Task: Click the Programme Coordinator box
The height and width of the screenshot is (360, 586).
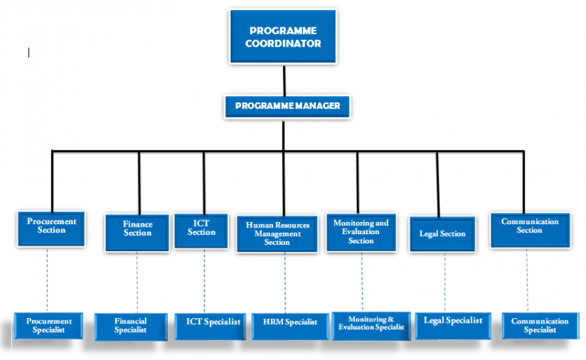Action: (x=283, y=37)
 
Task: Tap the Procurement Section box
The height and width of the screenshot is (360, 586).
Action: (x=52, y=227)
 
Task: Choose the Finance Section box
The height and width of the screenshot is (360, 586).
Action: (x=138, y=229)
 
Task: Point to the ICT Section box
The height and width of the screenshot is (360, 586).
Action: (x=201, y=227)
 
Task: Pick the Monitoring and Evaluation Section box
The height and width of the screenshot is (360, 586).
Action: (x=361, y=231)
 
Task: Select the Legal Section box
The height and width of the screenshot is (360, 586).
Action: (x=443, y=233)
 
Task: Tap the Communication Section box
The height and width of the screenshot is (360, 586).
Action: (x=529, y=227)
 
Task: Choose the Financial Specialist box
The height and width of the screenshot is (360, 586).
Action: (x=130, y=326)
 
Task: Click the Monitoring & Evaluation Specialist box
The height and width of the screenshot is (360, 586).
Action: (x=371, y=323)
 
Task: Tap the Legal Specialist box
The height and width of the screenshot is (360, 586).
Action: (x=453, y=321)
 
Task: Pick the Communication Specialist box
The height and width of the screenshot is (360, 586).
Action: (x=540, y=326)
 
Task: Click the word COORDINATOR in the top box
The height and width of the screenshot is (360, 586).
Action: (x=283, y=43)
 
